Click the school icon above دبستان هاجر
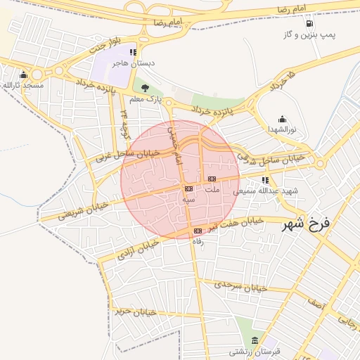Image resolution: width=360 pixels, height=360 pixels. (132, 52)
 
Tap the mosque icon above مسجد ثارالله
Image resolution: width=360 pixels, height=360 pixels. (25, 75)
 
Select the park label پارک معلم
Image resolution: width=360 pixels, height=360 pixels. (149, 99)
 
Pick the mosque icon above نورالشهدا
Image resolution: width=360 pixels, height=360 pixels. (282, 119)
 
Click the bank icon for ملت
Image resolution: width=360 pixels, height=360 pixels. (211, 179)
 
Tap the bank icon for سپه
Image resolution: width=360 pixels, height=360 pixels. (188, 188)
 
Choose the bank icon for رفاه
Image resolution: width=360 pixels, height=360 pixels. (198, 231)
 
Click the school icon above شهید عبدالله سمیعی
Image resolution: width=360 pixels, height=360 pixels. (264, 179)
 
